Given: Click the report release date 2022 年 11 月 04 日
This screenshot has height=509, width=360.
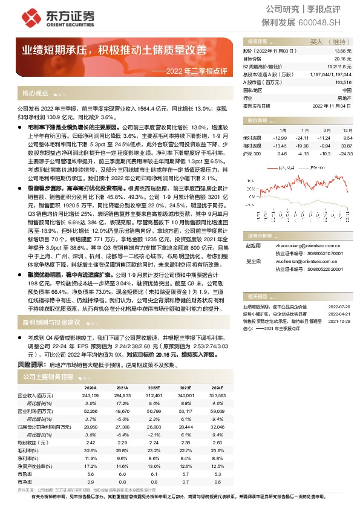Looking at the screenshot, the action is click(332, 105).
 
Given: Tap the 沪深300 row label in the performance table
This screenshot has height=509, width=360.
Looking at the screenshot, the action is click(252, 154).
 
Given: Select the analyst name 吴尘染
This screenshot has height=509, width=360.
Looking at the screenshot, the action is click(252, 262).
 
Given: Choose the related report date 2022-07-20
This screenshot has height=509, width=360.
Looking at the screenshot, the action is click(339, 306).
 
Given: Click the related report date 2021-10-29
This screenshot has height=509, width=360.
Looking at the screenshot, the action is click(339, 322).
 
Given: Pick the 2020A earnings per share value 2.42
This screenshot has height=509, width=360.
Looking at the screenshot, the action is click(90, 443).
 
